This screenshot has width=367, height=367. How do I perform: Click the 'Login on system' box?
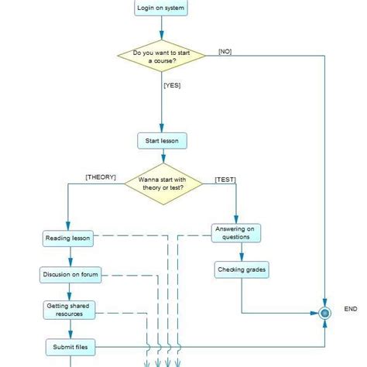click(161, 9)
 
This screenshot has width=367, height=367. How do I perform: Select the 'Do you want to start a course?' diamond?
click(161, 57)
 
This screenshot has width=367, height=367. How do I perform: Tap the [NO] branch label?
click(225, 52)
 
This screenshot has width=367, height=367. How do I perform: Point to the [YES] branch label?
click(172, 85)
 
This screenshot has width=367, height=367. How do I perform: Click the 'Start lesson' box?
click(162, 141)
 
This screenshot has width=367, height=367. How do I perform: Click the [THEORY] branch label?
click(101, 177)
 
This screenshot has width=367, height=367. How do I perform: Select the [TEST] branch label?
click(225, 180)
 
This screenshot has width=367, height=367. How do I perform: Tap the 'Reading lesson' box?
click(68, 238)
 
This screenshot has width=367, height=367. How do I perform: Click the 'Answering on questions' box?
click(237, 233)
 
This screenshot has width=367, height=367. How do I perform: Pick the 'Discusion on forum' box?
click(69, 274)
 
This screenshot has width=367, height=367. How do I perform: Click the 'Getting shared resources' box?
click(69, 310)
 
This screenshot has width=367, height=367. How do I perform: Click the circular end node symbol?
click(324, 313)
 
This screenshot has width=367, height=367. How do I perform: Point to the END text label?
click(351, 309)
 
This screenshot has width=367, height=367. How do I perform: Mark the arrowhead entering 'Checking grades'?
click(242, 258)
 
